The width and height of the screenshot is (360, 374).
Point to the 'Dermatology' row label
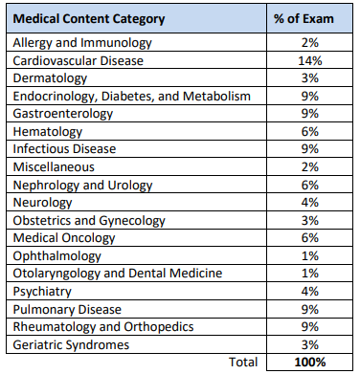[x=51, y=78]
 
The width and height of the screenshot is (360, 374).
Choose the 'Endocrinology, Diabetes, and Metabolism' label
[x=132, y=96]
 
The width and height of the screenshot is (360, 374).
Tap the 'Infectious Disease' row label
[x=64, y=149]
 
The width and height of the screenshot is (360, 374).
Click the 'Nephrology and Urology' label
[x=79, y=185]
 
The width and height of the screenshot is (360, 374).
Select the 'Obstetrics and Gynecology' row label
[x=88, y=220]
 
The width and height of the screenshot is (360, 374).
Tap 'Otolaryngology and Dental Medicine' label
[x=120, y=274]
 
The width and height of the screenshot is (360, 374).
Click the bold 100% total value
[x=309, y=363]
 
